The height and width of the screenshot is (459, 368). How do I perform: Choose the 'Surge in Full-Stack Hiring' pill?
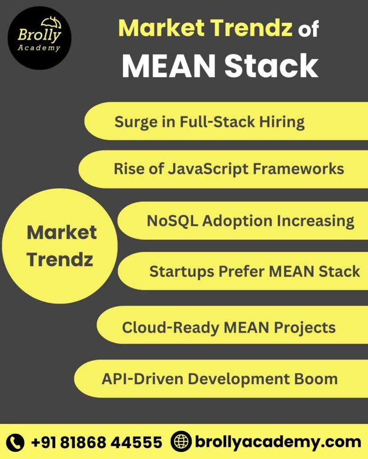click(225, 121)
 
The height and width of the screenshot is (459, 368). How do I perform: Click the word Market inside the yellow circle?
click(62, 232)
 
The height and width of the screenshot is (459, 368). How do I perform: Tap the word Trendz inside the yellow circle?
click(60, 260)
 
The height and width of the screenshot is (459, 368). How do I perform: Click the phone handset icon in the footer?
click(16, 442)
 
